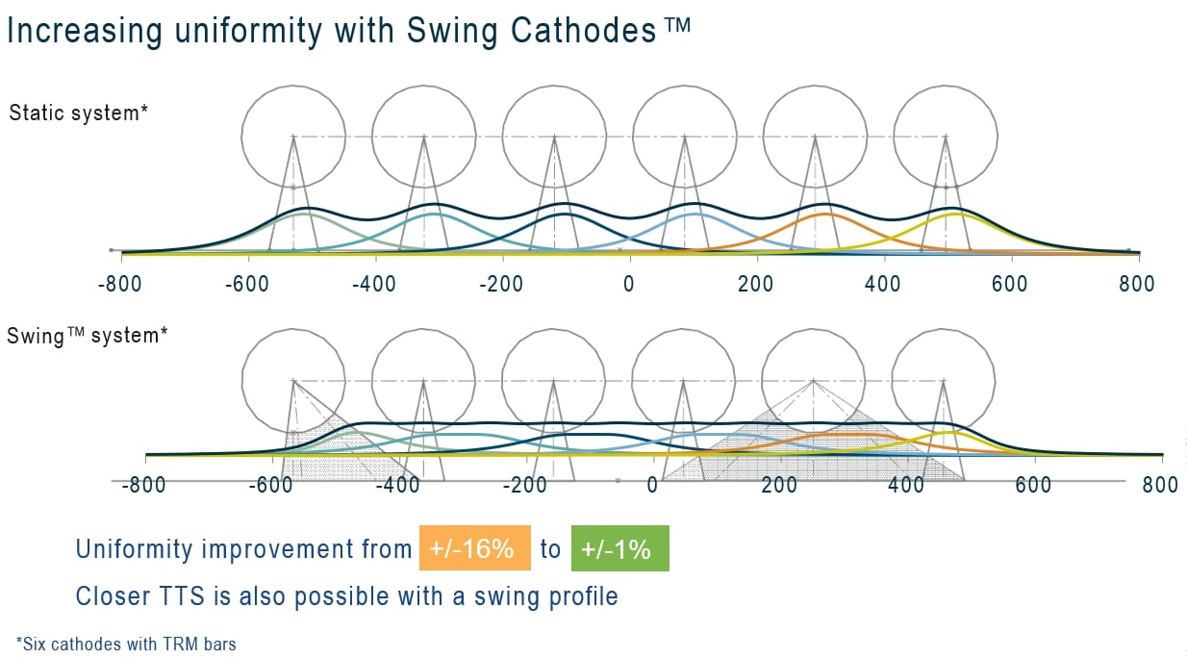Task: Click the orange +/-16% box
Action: coord(474,549)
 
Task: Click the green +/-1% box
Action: coord(619,549)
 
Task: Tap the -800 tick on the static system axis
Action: coord(121,285)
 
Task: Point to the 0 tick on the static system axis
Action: coord(628,285)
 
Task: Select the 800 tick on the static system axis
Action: coord(1137,285)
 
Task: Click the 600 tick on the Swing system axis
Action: coord(1034,484)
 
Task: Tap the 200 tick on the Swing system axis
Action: coord(779,484)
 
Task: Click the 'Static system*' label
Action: coord(78,113)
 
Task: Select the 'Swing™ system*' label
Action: coord(88,337)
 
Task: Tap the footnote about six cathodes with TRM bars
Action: coord(126,644)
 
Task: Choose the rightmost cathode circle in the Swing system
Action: coord(945,378)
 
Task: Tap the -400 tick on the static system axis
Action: coord(373,285)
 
